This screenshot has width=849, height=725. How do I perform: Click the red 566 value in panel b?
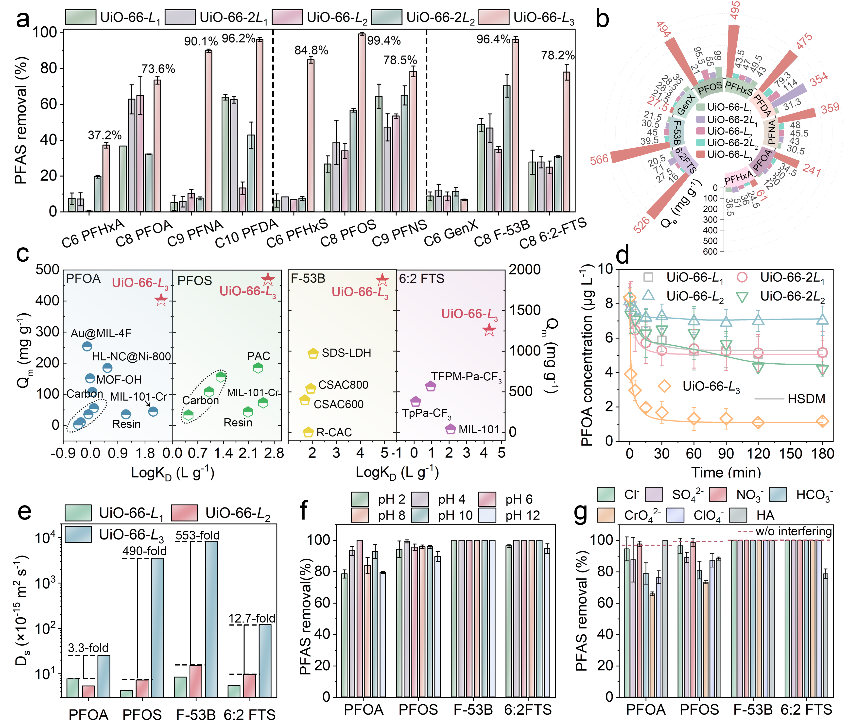(599, 160)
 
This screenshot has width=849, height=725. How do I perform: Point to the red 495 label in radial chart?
(735, 10)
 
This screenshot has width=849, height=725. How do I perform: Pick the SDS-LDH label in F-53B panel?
(346, 353)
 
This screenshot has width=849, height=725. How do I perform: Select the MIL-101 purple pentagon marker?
(450, 429)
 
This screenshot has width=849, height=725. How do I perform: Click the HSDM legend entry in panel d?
(806, 399)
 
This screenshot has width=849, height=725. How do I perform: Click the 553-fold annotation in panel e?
(197, 535)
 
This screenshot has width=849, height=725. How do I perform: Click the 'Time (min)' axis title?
(726, 472)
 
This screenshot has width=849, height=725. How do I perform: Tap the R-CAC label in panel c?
(334, 432)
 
